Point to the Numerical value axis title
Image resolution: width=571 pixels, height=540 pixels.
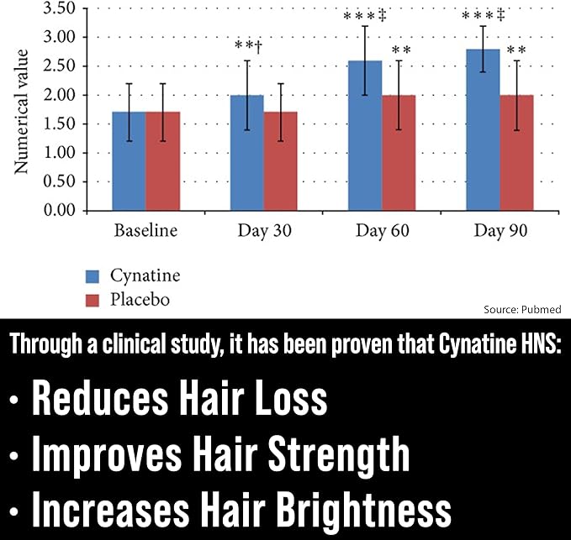pyautogui.click(x=22, y=111)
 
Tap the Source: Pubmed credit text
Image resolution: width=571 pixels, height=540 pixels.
pyautogui.click(x=521, y=309)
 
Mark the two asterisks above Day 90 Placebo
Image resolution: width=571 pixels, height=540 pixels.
pyautogui.click(x=516, y=50)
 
